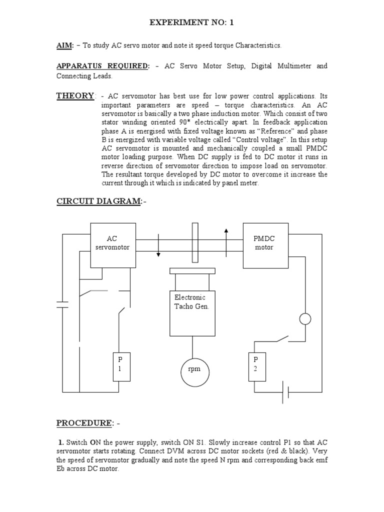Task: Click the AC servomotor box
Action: pos(113,243)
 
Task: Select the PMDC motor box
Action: pos(264,243)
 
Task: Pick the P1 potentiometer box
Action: pos(120,366)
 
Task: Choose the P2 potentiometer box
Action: pos(256,366)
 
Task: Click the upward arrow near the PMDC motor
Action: pos(226,237)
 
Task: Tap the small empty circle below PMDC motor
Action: pos(304,318)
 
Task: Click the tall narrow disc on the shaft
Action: pos(195,242)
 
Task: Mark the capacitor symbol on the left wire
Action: pos(62,304)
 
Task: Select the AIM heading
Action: pos(65,45)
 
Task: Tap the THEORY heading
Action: pos(75,95)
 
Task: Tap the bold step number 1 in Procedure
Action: pos(60,443)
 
